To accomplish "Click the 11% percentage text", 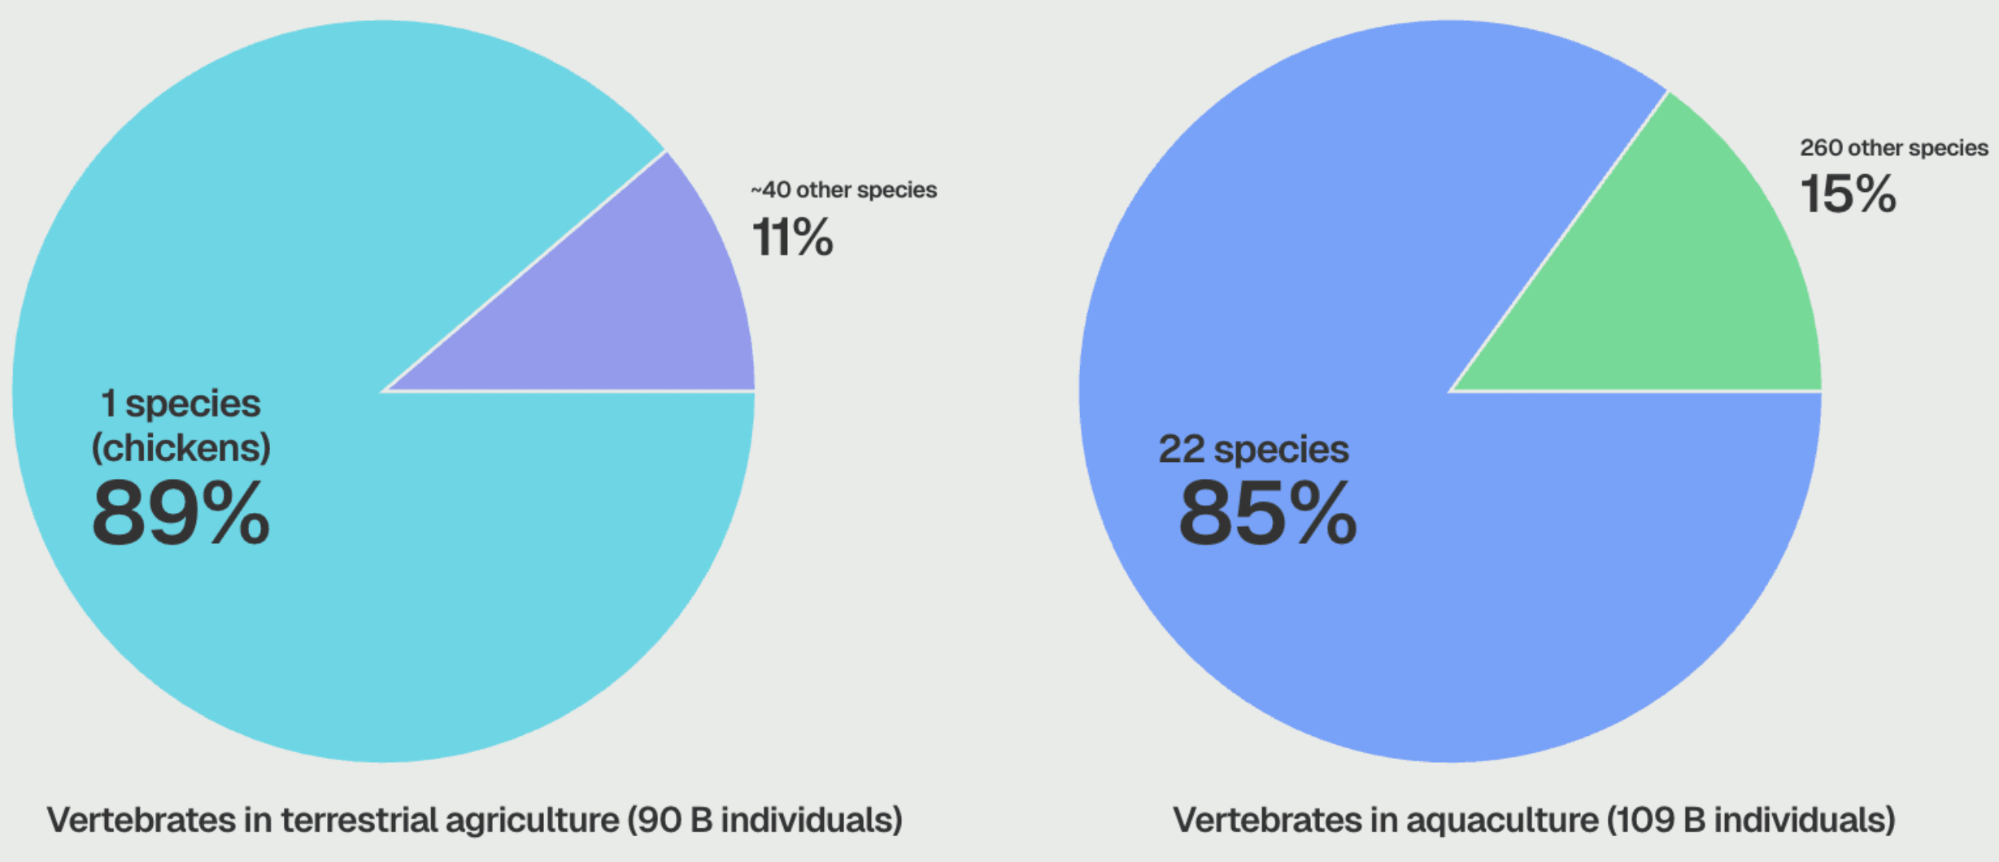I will click(x=792, y=237).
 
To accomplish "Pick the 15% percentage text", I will click(x=1848, y=194).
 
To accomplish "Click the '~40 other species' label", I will click(x=843, y=190).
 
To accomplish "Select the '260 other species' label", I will click(x=1893, y=148).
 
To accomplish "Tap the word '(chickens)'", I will click(x=181, y=447).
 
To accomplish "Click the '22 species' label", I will click(x=1253, y=450).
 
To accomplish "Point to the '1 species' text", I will click(x=181, y=404).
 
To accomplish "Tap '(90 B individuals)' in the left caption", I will click(x=764, y=820).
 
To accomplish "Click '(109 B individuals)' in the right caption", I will click(x=1751, y=820).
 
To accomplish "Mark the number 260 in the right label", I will click(x=1820, y=148).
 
